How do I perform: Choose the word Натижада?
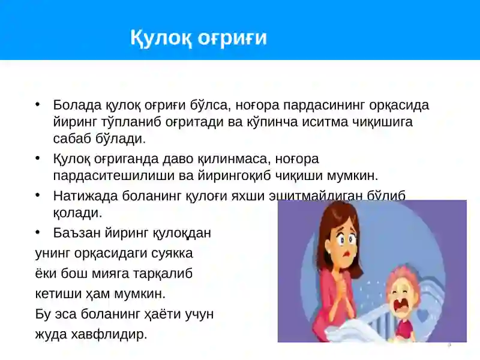tap(80, 196)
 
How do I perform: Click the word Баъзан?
tap(74, 233)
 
